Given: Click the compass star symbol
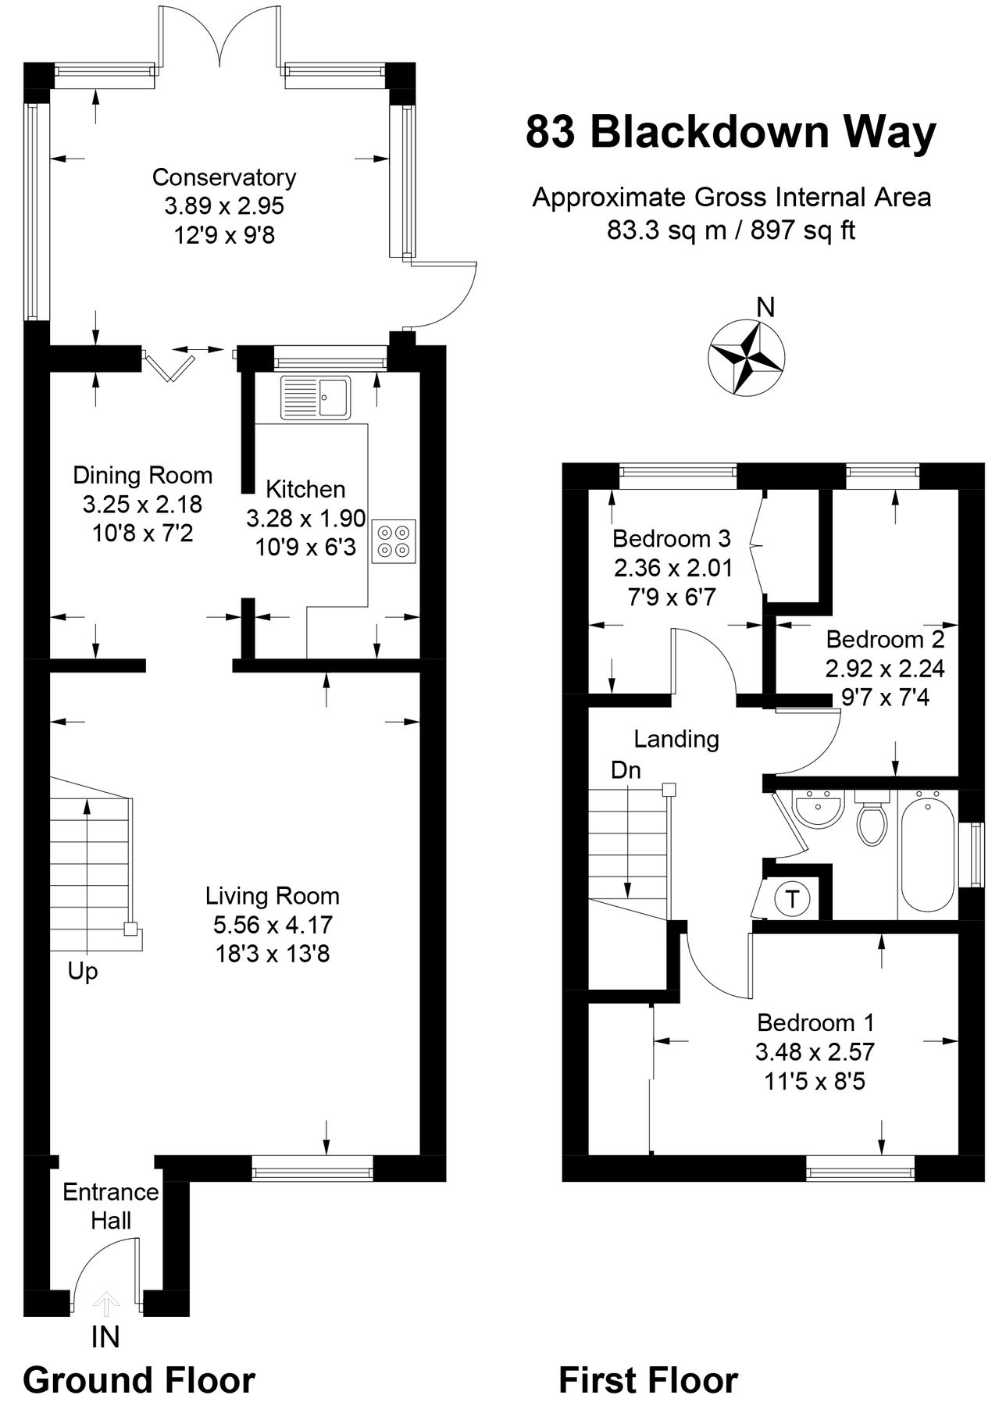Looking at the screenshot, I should point(745,358).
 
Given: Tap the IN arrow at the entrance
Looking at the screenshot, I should point(106,1301).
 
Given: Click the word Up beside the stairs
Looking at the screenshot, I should point(83,972).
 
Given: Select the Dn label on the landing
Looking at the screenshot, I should point(626,770).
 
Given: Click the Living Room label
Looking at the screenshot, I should point(273,895).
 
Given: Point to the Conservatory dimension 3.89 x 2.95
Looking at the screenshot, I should point(224,206).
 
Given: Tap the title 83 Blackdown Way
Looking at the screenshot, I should point(730,132).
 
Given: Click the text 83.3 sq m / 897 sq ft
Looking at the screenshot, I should point(731,230).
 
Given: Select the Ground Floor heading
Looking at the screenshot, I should point(139,1380).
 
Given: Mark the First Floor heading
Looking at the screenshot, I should point(648,1380).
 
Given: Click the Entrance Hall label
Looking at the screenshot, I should point(111,1206).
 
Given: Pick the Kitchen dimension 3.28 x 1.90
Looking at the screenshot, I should point(306,518).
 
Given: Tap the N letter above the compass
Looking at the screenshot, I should point(766,308).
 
